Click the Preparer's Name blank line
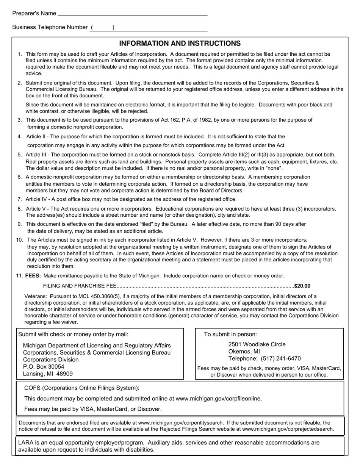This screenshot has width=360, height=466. point(132,14)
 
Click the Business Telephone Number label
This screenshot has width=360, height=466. point(50,27)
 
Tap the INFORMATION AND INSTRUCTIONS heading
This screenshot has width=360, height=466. point(180,44)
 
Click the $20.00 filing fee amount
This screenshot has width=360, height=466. point(302,286)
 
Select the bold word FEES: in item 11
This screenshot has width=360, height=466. point(33,276)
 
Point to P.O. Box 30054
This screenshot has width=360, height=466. point(44,367)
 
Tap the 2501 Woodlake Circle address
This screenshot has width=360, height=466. point(257,344)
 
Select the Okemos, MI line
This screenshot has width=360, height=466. point(244,352)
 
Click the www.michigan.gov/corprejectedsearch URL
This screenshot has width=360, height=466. point(288,429)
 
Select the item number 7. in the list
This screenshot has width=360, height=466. point(19,199)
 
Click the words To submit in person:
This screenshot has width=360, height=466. point(230,334)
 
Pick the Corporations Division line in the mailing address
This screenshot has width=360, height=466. point(51,360)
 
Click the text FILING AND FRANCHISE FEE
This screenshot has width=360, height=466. point(80,286)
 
